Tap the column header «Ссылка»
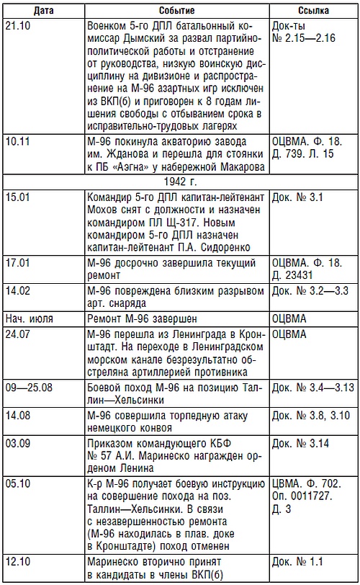pos(312,11)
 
